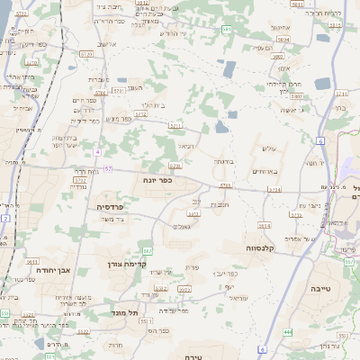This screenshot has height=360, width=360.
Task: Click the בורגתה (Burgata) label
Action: (x=224, y=161)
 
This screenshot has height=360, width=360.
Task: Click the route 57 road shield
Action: (x=108, y=168)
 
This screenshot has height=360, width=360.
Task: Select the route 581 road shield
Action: (x=228, y=31)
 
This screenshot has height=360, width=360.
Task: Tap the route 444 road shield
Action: (x=288, y=332)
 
